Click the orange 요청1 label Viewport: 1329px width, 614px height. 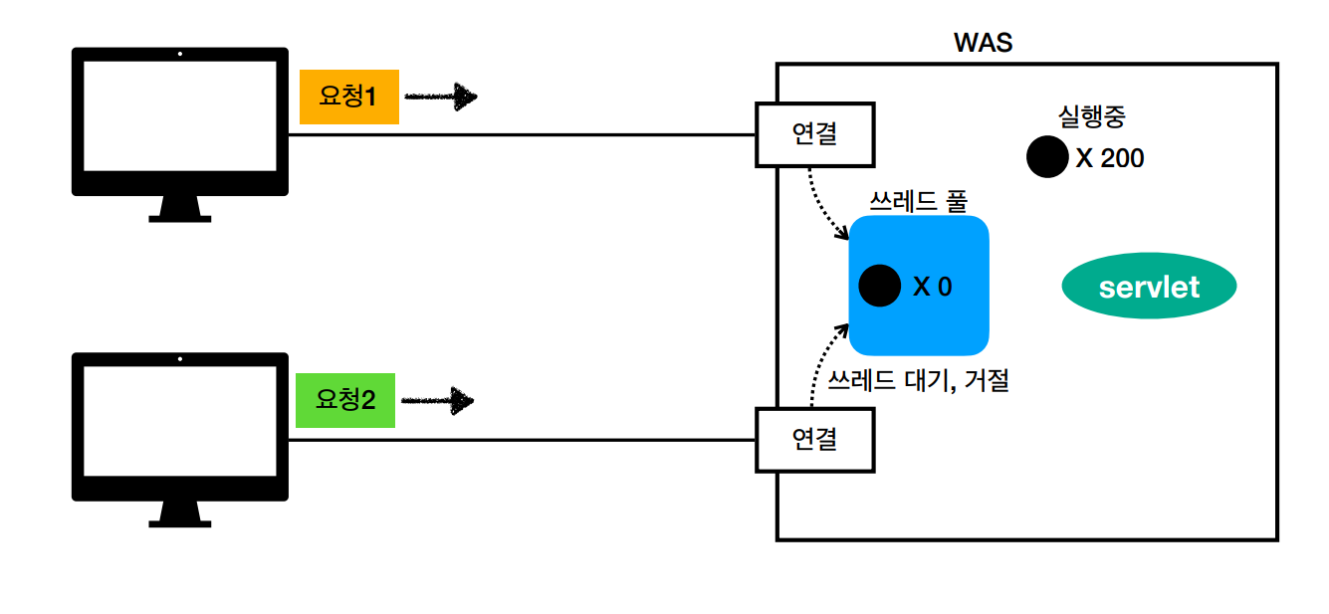click(x=348, y=97)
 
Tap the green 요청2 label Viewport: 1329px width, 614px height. click(x=345, y=400)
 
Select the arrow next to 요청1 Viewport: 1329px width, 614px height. click(x=442, y=97)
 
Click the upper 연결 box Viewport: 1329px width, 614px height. click(x=815, y=134)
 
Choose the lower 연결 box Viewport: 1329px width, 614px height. click(x=815, y=439)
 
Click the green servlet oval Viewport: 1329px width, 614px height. click(x=1149, y=289)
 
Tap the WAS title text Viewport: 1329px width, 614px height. click(x=983, y=43)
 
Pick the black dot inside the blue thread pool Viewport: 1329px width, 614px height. click(x=880, y=287)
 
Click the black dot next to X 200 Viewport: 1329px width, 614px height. click(x=1047, y=157)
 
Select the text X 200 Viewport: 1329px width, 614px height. click(x=1110, y=158)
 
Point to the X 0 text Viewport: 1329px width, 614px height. click(x=933, y=288)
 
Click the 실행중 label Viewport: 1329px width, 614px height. click(x=1092, y=116)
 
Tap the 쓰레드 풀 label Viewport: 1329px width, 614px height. click(x=918, y=202)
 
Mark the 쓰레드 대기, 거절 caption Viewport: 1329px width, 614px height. click(x=919, y=380)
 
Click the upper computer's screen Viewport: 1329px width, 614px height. click(x=179, y=115)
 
